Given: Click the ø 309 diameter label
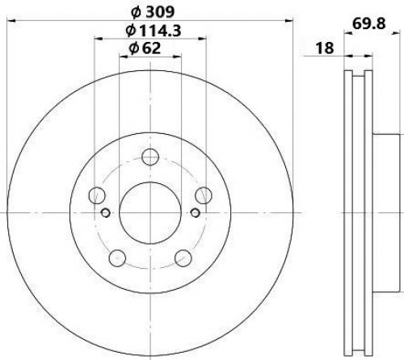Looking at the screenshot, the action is [x=153, y=12].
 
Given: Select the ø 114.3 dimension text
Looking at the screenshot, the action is [x=154, y=31].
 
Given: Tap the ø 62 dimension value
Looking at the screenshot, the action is [x=145, y=48].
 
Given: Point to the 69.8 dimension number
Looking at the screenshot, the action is [x=369, y=23].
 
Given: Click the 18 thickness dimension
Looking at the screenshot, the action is [x=325, y=48].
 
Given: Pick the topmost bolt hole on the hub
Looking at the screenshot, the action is [x=150, y=157].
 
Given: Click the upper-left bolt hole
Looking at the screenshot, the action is [x=97, y=195].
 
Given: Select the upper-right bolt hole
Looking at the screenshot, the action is [x=204, y=195].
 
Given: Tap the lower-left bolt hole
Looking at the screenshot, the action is [x=117, y=257].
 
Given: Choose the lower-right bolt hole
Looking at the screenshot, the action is [x=183, y=257].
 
